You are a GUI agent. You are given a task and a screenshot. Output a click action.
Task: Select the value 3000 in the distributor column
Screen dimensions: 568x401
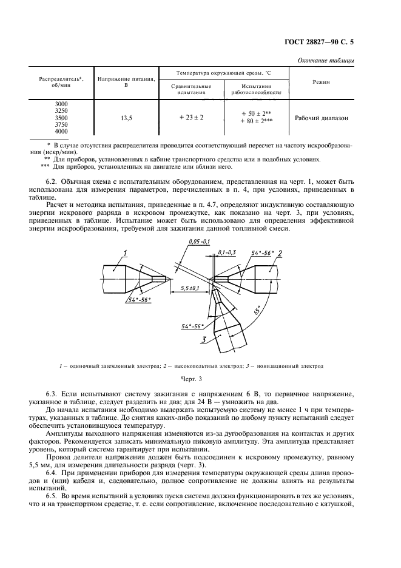(x=61, y=104)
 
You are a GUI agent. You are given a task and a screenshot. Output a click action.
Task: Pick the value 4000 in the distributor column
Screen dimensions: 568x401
(x=61, y=131)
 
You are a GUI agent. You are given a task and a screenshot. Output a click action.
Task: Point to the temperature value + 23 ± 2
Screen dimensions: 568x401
(x=192, y=118)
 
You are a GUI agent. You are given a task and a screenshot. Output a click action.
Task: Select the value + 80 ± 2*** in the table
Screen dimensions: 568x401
(x=257, y=121)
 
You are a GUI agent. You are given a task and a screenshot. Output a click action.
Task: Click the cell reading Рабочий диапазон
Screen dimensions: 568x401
(x=322, y=118)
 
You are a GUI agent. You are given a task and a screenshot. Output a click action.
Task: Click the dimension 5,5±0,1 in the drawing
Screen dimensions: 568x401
(x=192, y=288)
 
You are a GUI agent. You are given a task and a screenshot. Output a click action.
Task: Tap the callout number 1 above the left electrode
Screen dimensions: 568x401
(x=124, y=252)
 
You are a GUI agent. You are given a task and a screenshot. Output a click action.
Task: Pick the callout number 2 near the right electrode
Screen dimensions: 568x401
(x=280, y=251)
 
